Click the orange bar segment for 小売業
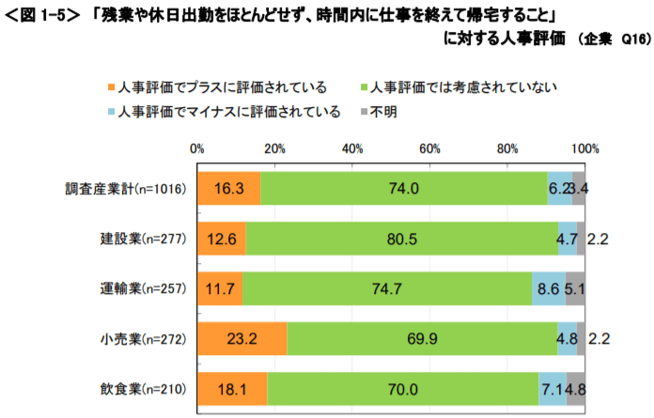click(x=242, y=338)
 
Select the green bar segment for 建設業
click(x=401, y=239)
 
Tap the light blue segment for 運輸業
click(x=549, y=288)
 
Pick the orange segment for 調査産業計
click(x=229, y=189)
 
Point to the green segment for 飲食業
click(x=404, y=388)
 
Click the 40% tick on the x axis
click(x=353, y=148)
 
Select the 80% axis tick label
click(x=508, y=148)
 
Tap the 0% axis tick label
click(x=197, y=148)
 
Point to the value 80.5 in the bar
click(x=401, y=239)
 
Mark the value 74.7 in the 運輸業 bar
click(x=386, y=288)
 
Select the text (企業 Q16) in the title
click(x=610, y=39)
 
